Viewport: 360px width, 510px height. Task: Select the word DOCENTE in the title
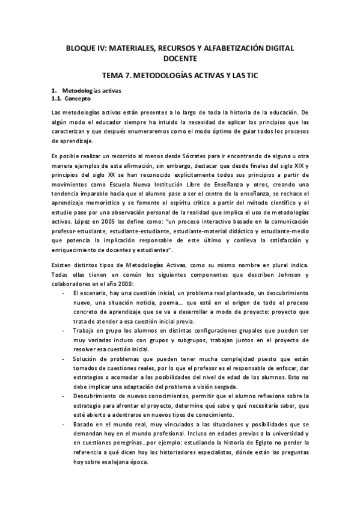180,58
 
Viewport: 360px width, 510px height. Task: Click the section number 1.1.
56,97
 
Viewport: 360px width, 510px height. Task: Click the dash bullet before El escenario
64,292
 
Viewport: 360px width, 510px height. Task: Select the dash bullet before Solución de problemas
64,358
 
